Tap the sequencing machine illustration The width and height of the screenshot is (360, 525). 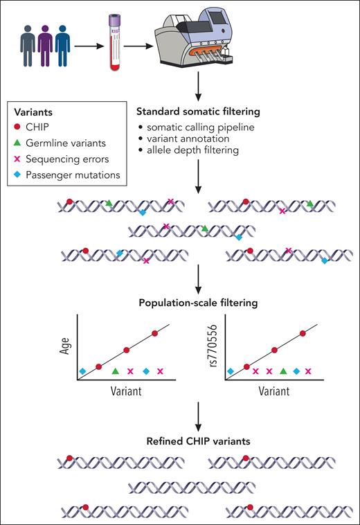point(201,42)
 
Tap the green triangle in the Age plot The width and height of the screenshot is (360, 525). point(115,372)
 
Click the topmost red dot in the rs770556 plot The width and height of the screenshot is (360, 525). point(303,333)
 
